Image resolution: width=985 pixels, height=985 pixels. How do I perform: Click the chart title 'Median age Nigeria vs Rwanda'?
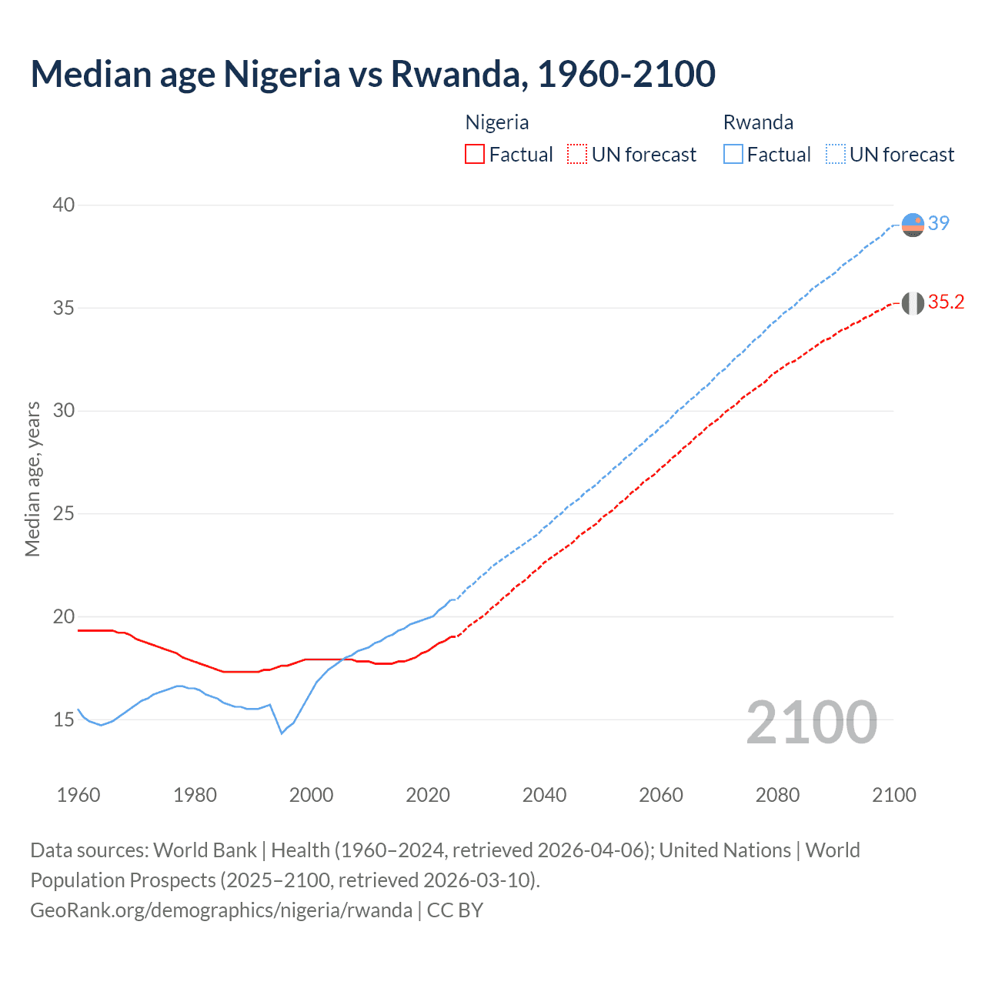pos(372,74)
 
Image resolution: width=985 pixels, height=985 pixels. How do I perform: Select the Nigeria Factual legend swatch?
pos(475,154)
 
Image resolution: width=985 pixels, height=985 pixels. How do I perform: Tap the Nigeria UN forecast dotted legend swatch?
pos(577,154)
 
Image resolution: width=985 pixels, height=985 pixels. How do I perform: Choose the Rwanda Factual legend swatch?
pos(733,154)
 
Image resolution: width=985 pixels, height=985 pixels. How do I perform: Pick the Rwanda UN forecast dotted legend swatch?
pos(836,154)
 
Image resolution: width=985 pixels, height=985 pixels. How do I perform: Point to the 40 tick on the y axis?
pos(64,205)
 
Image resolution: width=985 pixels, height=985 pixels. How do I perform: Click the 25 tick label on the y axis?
pos(64,513)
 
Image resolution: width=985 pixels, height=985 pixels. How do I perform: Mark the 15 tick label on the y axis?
pos(64,720)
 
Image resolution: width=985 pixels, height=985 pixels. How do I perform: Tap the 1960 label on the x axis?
pos(78,795)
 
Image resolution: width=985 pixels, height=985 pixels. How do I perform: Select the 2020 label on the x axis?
pos(428,795)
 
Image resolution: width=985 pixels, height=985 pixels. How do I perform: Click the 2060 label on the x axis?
pos(661,795)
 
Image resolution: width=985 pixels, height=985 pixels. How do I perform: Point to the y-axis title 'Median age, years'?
pos(32,479)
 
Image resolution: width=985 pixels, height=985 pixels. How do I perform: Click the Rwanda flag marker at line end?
pos(913,225)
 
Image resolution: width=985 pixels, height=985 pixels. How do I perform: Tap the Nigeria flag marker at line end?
pos(913,303)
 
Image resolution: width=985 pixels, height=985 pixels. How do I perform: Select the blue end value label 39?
pos(939,223)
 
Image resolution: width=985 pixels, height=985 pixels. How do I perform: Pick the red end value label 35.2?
pos(946,302)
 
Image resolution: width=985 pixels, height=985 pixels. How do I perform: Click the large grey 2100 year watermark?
pos(812,722)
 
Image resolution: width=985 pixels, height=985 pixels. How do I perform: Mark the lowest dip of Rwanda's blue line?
pos(282,733)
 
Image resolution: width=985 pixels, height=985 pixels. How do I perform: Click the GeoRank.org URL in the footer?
pos(221,910)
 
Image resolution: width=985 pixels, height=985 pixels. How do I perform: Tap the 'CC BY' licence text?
pos(455,910)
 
